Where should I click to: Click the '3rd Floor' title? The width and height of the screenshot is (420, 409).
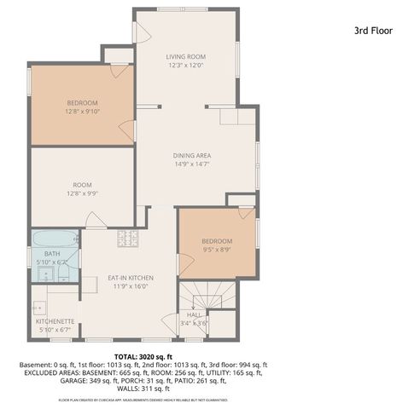pyautogui.click(x=372, y=30)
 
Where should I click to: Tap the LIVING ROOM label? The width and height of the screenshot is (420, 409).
pyautogui.click(x=186, y=57)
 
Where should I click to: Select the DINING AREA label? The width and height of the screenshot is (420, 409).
pyautogui.click(x=192, y=156)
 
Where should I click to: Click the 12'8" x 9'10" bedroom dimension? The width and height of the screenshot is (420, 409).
pyautogui.click(x=82, y=110)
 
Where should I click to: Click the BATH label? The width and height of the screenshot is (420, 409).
pyautogui.click(x=53, y=253)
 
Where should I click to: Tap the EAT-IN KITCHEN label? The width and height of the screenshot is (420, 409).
pyautogui.click(x=130, y=278)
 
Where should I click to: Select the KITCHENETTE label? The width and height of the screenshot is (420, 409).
pyautogui.click(x=56, y=320)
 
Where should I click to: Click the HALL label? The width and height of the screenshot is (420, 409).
pyautogui.click(x=194, y=314)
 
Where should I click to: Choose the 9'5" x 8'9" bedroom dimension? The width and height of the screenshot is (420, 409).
pyautogui.click(x=217, y=251)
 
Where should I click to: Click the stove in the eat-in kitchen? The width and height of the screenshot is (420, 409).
pyautogui.click(x=128, y=239)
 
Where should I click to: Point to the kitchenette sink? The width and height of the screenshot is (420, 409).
pyautogui.click(x=39, y=303)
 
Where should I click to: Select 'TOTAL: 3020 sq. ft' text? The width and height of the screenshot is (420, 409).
pyautogui.click(x=143, y=356)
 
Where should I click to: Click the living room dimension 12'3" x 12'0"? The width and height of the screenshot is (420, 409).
pyautogui.click(x=186, y=66)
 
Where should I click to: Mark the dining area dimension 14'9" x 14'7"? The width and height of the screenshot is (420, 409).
pyautogui.click(x=192, y=164)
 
